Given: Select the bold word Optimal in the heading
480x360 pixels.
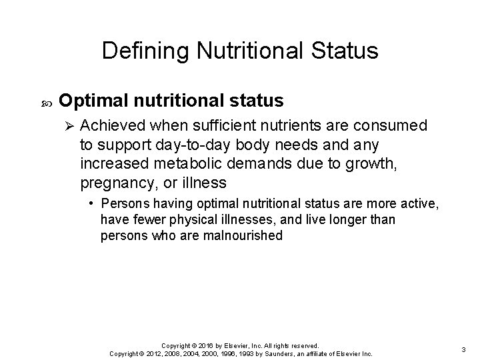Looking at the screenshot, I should [x=97, y=101].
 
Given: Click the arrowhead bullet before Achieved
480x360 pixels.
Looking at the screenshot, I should [x=66, y=126].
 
